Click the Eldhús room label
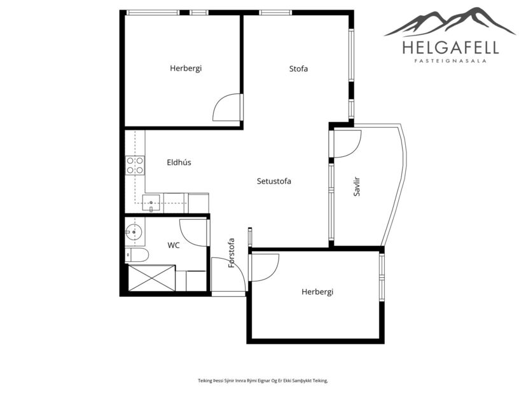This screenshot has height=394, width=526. coord(179,163)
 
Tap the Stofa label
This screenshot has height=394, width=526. coord(298,69)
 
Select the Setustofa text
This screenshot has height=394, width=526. coord(273,181)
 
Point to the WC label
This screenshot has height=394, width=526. coord(174,245)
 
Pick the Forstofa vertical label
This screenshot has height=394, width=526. coord(232,252)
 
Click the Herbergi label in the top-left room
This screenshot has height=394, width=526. coord(186,69)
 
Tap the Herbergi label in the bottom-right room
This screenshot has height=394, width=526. coord(317,292)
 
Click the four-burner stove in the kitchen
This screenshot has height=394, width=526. coord(135,165)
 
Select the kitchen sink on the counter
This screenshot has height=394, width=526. coord(151,204)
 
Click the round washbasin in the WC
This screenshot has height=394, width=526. coord(134,231)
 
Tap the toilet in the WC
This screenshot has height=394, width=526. coord(137,255)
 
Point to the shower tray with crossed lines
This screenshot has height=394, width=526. coord(151,278)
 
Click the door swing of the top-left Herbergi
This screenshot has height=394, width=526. coord(225,108)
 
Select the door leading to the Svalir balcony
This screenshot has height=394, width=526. coord(347,143)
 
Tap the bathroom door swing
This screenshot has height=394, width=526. coord(193,231)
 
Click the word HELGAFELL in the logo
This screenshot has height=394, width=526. coord(450,48)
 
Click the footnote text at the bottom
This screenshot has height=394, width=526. coord(263,381)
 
